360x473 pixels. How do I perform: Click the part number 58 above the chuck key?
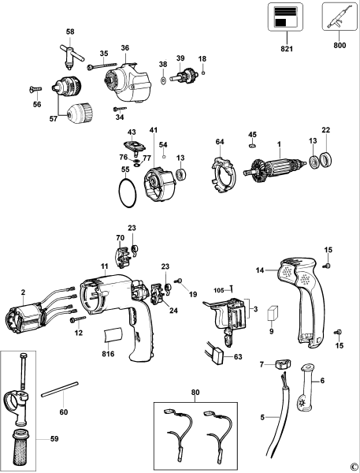pos(70,32)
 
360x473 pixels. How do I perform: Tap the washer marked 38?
pos(162,80)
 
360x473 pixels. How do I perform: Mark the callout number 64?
pos(220,141)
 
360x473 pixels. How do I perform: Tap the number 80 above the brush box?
pos(195,392)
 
